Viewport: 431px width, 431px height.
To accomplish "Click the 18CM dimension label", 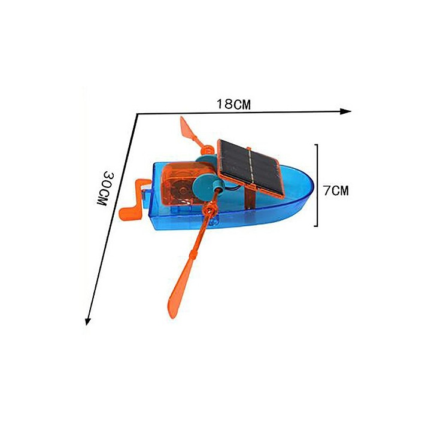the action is click(233, 104).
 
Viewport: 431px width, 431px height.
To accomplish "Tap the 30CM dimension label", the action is click(102, 189).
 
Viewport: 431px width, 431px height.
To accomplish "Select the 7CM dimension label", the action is click(336, 190).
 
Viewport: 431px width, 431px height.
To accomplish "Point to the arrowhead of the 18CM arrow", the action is click(345, 111).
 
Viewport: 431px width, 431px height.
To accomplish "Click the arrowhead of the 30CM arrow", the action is click(88, 321).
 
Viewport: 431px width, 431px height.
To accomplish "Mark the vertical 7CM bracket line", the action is click(317, 185).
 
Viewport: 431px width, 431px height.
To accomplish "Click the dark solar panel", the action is click(250, 168).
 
